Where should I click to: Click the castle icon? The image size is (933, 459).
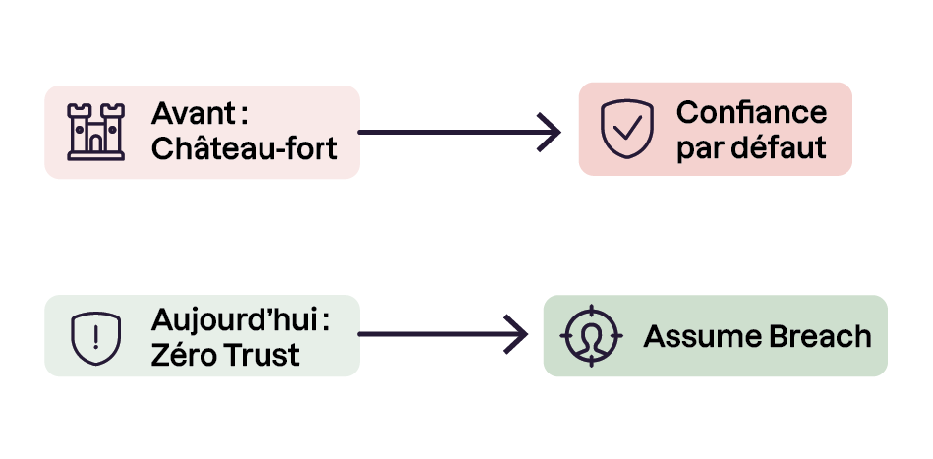tap(95, 132)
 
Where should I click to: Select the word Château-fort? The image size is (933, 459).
tap(245, 147)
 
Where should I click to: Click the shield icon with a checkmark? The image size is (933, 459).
tap(627, 129)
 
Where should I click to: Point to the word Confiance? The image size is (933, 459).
tap(751, 112)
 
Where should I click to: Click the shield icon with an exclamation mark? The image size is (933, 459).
tap(95, 338)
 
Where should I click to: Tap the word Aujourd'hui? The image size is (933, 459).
tap(233, 321)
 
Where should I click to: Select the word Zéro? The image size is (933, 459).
tap(183, 355)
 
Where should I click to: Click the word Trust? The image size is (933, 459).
tap(262, 356)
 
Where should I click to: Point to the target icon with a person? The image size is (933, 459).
tap(592, 336)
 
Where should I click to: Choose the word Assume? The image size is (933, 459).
tap(702, 336)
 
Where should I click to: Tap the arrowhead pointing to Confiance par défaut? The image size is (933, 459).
tap(550, 132)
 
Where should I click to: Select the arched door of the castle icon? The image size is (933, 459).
tap(95, 143)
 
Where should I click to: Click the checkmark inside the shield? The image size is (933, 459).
tap(628, 127)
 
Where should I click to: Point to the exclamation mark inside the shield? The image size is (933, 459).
tap(96, 338)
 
